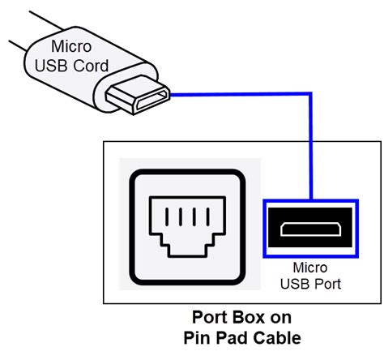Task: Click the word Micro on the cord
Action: [x=71, y=46]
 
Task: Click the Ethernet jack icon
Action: [x=187, y=227]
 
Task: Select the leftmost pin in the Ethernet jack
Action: [x=167, y=216]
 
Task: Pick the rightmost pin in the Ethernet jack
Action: [x=208, y=216]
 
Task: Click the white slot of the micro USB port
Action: [x=310, y=229]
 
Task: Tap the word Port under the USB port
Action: [x=328, y=284]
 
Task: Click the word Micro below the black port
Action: [x=310, y=268]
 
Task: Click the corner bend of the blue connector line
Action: [x=311, y=94]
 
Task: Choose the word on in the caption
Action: [x=281, y=318]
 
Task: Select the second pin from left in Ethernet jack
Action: [x=181, y=216]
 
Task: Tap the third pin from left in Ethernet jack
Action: [x=194, y=216]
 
